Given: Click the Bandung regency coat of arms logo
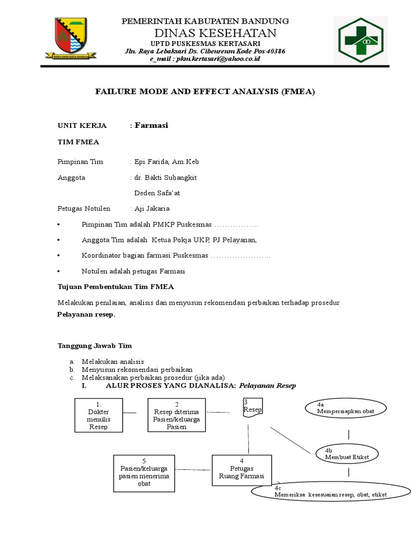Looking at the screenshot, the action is [75, 39].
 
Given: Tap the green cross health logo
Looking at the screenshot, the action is [365, 40].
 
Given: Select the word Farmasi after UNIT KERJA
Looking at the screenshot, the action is [151, 125].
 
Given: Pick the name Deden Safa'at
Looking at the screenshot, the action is [161, 193].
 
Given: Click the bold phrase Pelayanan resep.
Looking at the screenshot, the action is [86, 315].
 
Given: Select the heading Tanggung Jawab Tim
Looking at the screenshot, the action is [95, 346].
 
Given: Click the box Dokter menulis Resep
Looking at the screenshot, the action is [98, 415].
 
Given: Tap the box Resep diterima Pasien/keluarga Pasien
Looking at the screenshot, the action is [177, 415].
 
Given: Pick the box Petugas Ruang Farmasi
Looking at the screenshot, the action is [242, 470].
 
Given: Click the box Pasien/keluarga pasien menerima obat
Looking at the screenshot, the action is [144, 473].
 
